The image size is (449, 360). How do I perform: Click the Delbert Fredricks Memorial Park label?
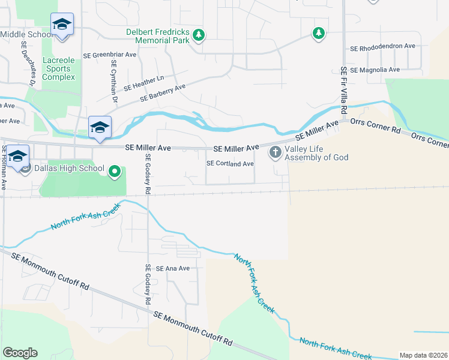click(157, 37)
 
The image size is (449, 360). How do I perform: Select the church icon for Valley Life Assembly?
click(276, 152)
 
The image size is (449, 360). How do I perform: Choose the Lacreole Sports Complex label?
click(59, 69)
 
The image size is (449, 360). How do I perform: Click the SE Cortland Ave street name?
click(230, 163)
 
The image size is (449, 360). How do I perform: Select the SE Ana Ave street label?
click(172, 269)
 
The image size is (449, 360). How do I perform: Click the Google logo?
click(19, 352)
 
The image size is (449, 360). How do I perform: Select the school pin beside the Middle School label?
click(62, 25)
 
